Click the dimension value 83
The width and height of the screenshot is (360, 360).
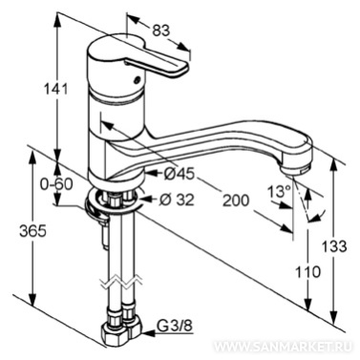coord(161,31)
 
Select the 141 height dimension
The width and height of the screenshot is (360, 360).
coord(55,90)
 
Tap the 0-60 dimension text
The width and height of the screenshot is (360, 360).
coord(56,184)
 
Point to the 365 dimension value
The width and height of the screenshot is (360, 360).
coord(32,231)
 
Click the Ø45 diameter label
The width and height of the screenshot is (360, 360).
coord(179,174)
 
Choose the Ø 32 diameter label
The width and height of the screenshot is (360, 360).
coord(176,200)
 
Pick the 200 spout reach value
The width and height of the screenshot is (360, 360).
coord(236,201)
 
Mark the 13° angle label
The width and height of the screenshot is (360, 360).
coord(279,192)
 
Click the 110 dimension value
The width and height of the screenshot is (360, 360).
coord(307,271)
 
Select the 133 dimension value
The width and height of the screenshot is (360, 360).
coord(333,246)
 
